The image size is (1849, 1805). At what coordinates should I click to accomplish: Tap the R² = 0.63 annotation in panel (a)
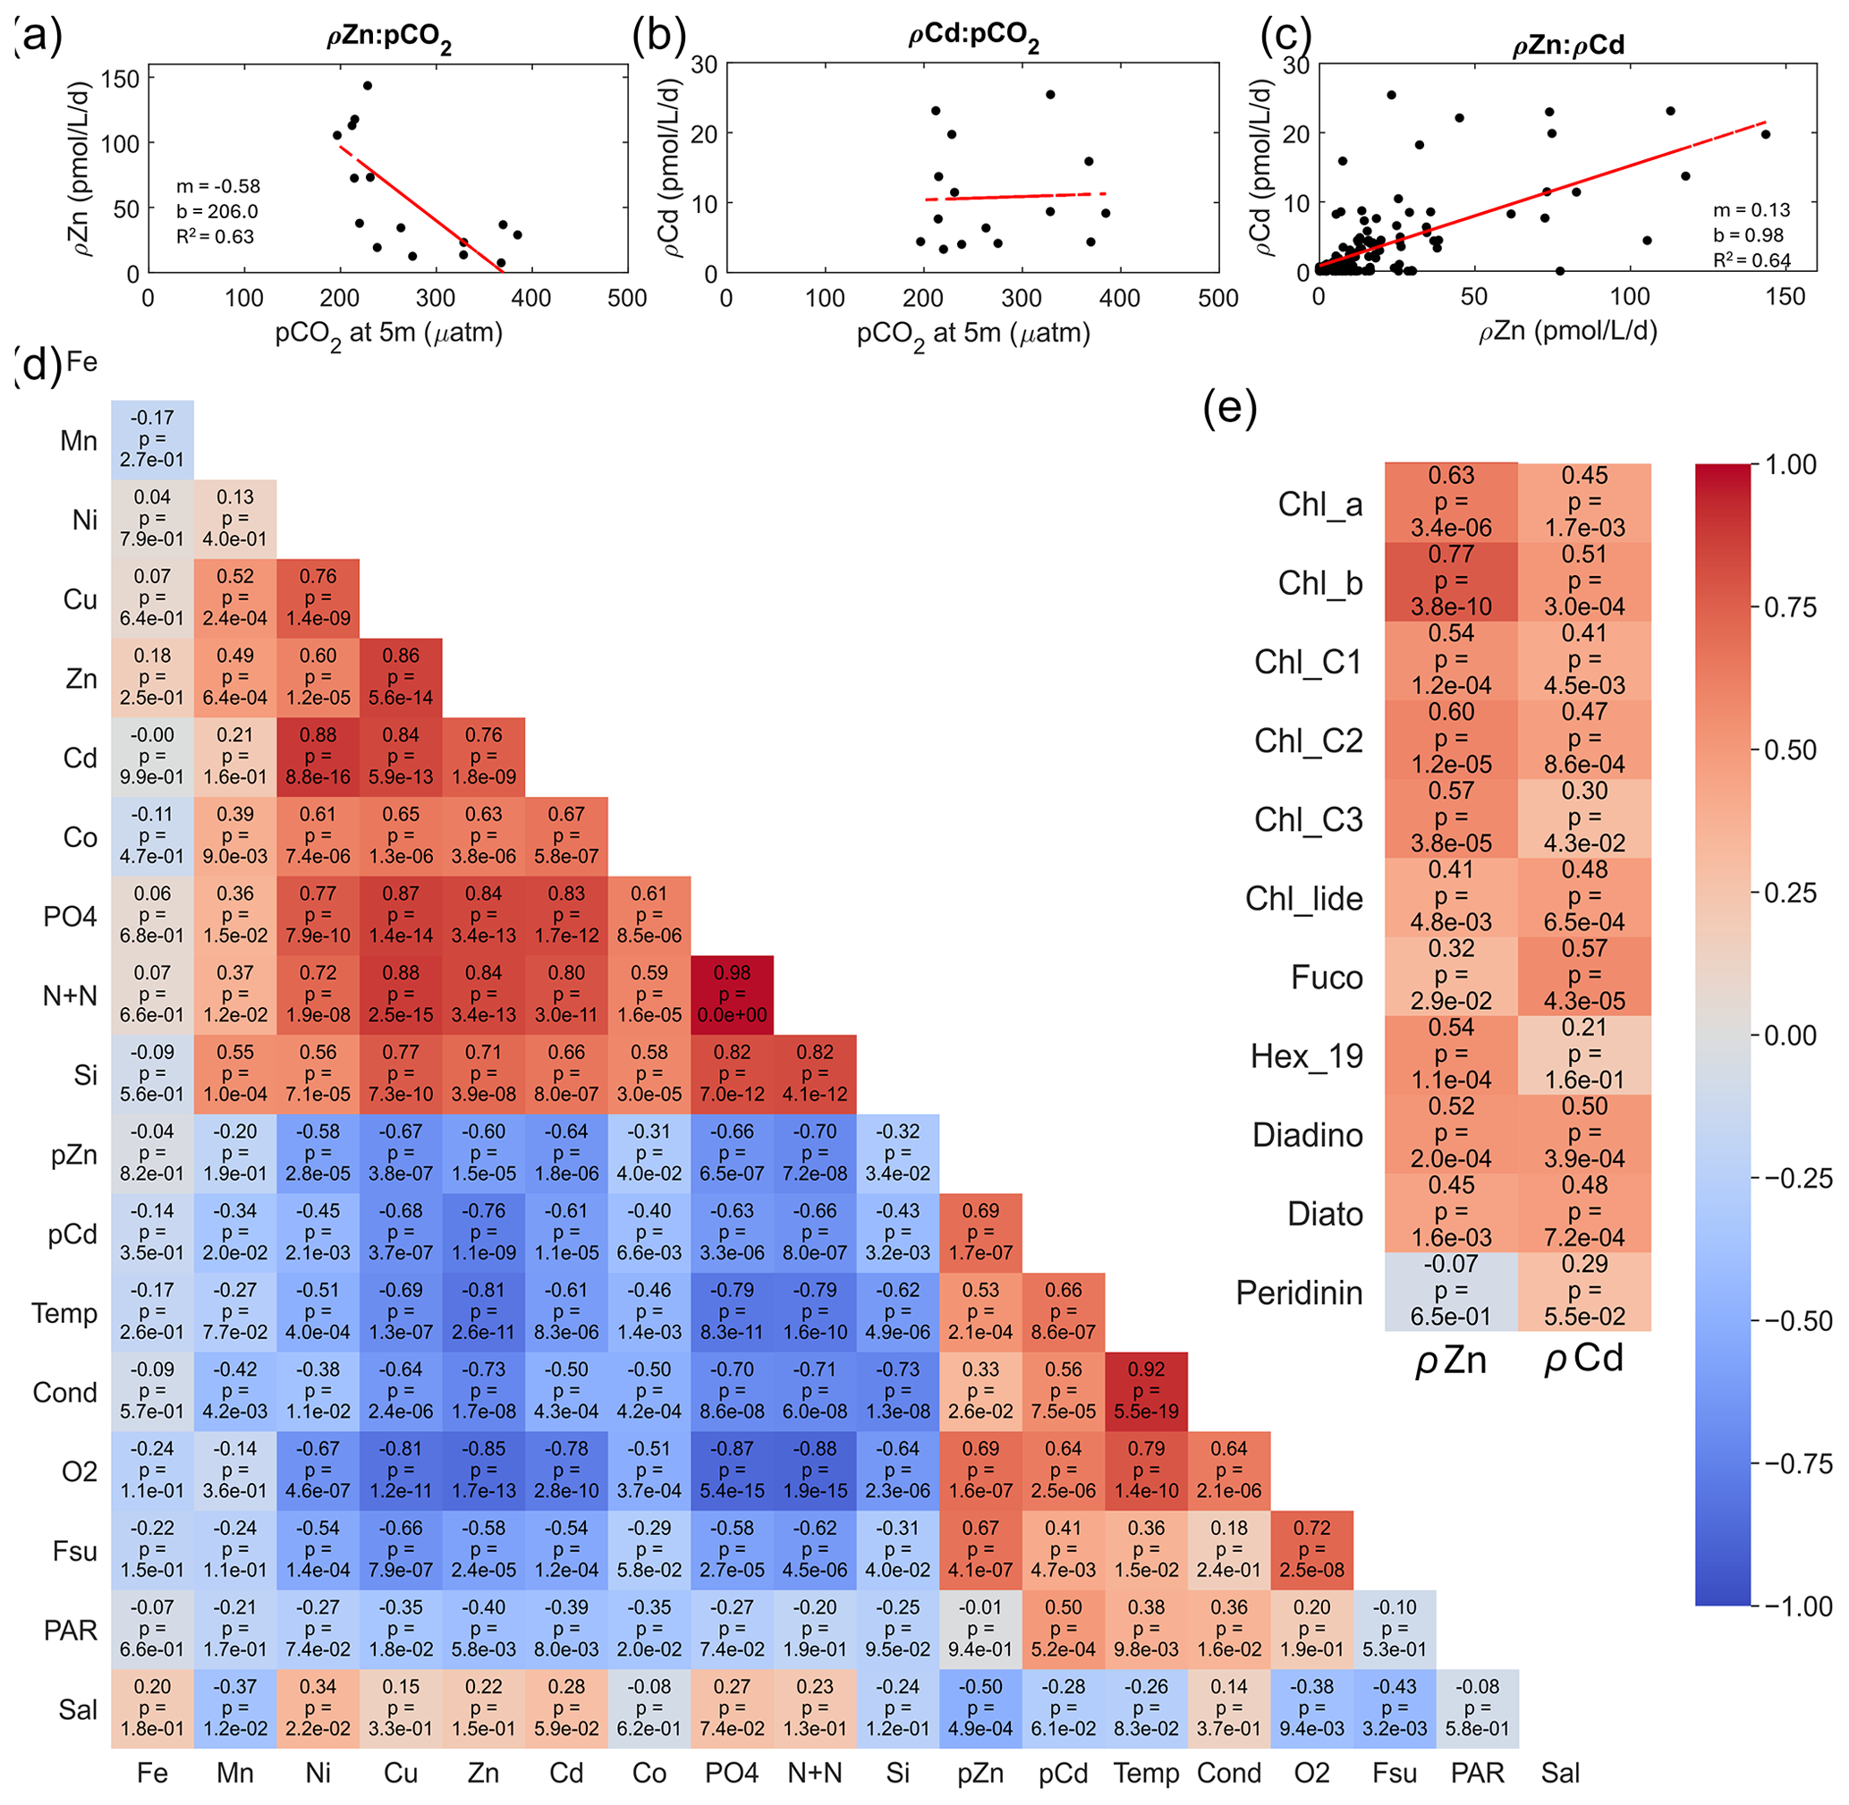216,236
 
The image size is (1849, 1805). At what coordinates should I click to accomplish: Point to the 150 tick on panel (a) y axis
121,79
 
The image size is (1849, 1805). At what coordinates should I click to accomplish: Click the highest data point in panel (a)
368,86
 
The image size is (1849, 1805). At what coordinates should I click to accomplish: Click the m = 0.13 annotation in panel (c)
1751,209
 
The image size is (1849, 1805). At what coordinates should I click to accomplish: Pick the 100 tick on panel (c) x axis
1629,297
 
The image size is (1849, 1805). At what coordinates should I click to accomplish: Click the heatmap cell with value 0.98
732,995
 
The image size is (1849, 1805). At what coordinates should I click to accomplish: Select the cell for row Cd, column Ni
318,757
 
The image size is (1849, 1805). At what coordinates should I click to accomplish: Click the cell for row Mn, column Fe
152,439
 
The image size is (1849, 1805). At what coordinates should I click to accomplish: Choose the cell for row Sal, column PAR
1477,1708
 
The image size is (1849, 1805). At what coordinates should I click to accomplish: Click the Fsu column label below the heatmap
1395,1773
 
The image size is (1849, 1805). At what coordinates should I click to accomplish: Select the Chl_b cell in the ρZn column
1451,581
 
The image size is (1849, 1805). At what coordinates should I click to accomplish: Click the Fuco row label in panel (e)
1327,978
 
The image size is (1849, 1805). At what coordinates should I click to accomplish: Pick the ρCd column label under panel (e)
1584,1360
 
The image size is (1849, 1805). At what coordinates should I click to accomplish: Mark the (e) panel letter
1230,409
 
